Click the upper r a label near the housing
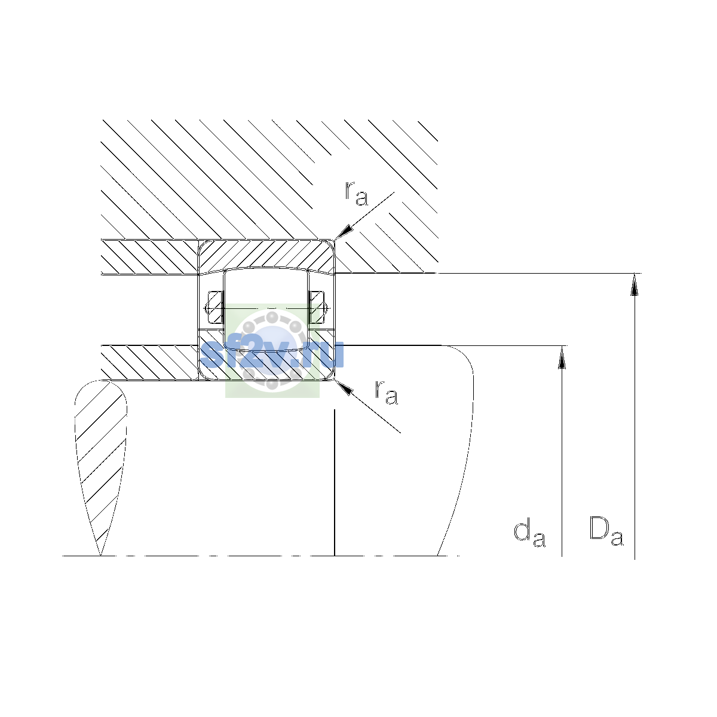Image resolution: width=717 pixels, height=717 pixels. [x=357, y=194]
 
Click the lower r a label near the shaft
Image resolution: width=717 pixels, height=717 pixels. [x=386, y=392]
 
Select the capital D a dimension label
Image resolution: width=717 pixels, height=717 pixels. [x=606, y=531]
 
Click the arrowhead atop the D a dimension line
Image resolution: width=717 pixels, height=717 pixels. [x=635, y=284]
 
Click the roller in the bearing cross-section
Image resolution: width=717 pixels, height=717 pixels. [x=266, y=310]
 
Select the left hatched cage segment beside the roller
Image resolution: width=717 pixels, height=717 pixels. [x=215, y=308]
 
